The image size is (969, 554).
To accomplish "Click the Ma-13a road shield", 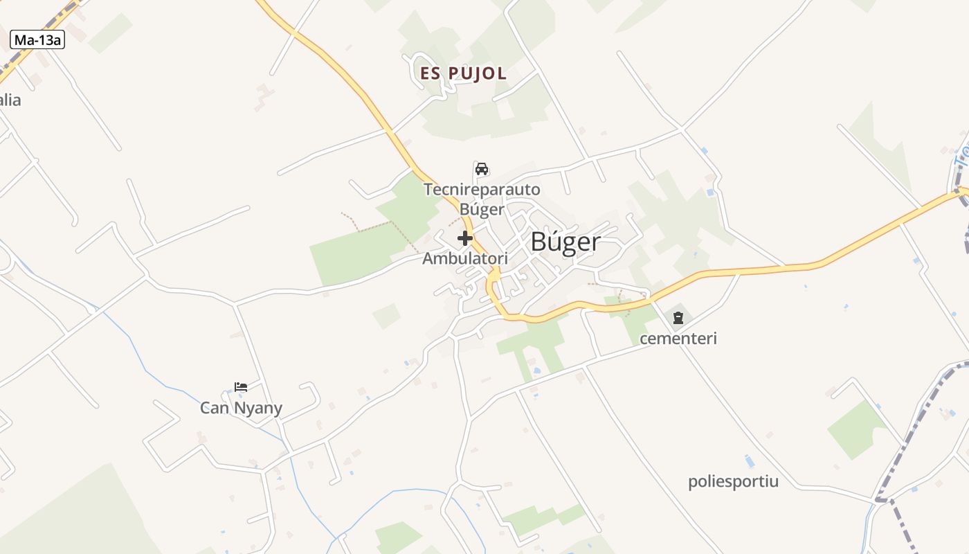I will point(37,40).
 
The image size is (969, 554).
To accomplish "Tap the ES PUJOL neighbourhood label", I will point(463,73).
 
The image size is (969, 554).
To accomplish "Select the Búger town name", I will point(565,242).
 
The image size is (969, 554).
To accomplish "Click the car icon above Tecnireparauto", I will point(482,169).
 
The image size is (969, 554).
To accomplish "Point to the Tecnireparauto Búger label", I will point(482,199).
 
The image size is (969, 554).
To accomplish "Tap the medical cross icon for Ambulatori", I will point(465,239).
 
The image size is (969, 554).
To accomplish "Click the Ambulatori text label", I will point(465,259).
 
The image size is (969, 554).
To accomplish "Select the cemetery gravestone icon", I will point(678,318).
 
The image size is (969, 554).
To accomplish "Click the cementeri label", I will point(678,339).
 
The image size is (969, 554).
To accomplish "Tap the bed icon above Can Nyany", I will point(241,387).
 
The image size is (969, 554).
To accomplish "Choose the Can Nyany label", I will point(241,408).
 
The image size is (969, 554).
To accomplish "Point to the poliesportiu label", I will point(733,481).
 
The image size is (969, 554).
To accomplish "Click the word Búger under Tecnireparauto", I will point(482,208).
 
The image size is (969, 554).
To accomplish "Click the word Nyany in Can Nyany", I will point(258,409).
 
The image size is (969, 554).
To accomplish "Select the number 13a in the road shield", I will point(47,40).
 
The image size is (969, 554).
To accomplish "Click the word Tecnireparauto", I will point(482,189).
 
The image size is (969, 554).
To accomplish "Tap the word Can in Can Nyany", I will point(215,408).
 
